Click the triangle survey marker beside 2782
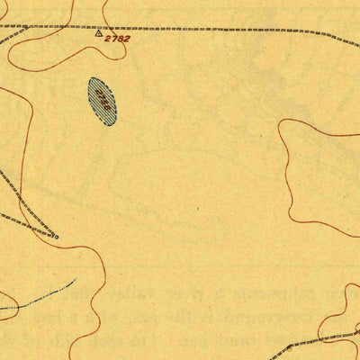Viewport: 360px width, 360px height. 99,34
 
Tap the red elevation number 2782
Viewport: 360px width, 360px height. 118,39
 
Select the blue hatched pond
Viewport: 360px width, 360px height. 103,101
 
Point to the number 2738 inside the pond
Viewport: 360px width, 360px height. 103,102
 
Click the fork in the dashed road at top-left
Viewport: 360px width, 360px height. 27,27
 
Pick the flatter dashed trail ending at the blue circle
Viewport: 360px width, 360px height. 22,220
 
